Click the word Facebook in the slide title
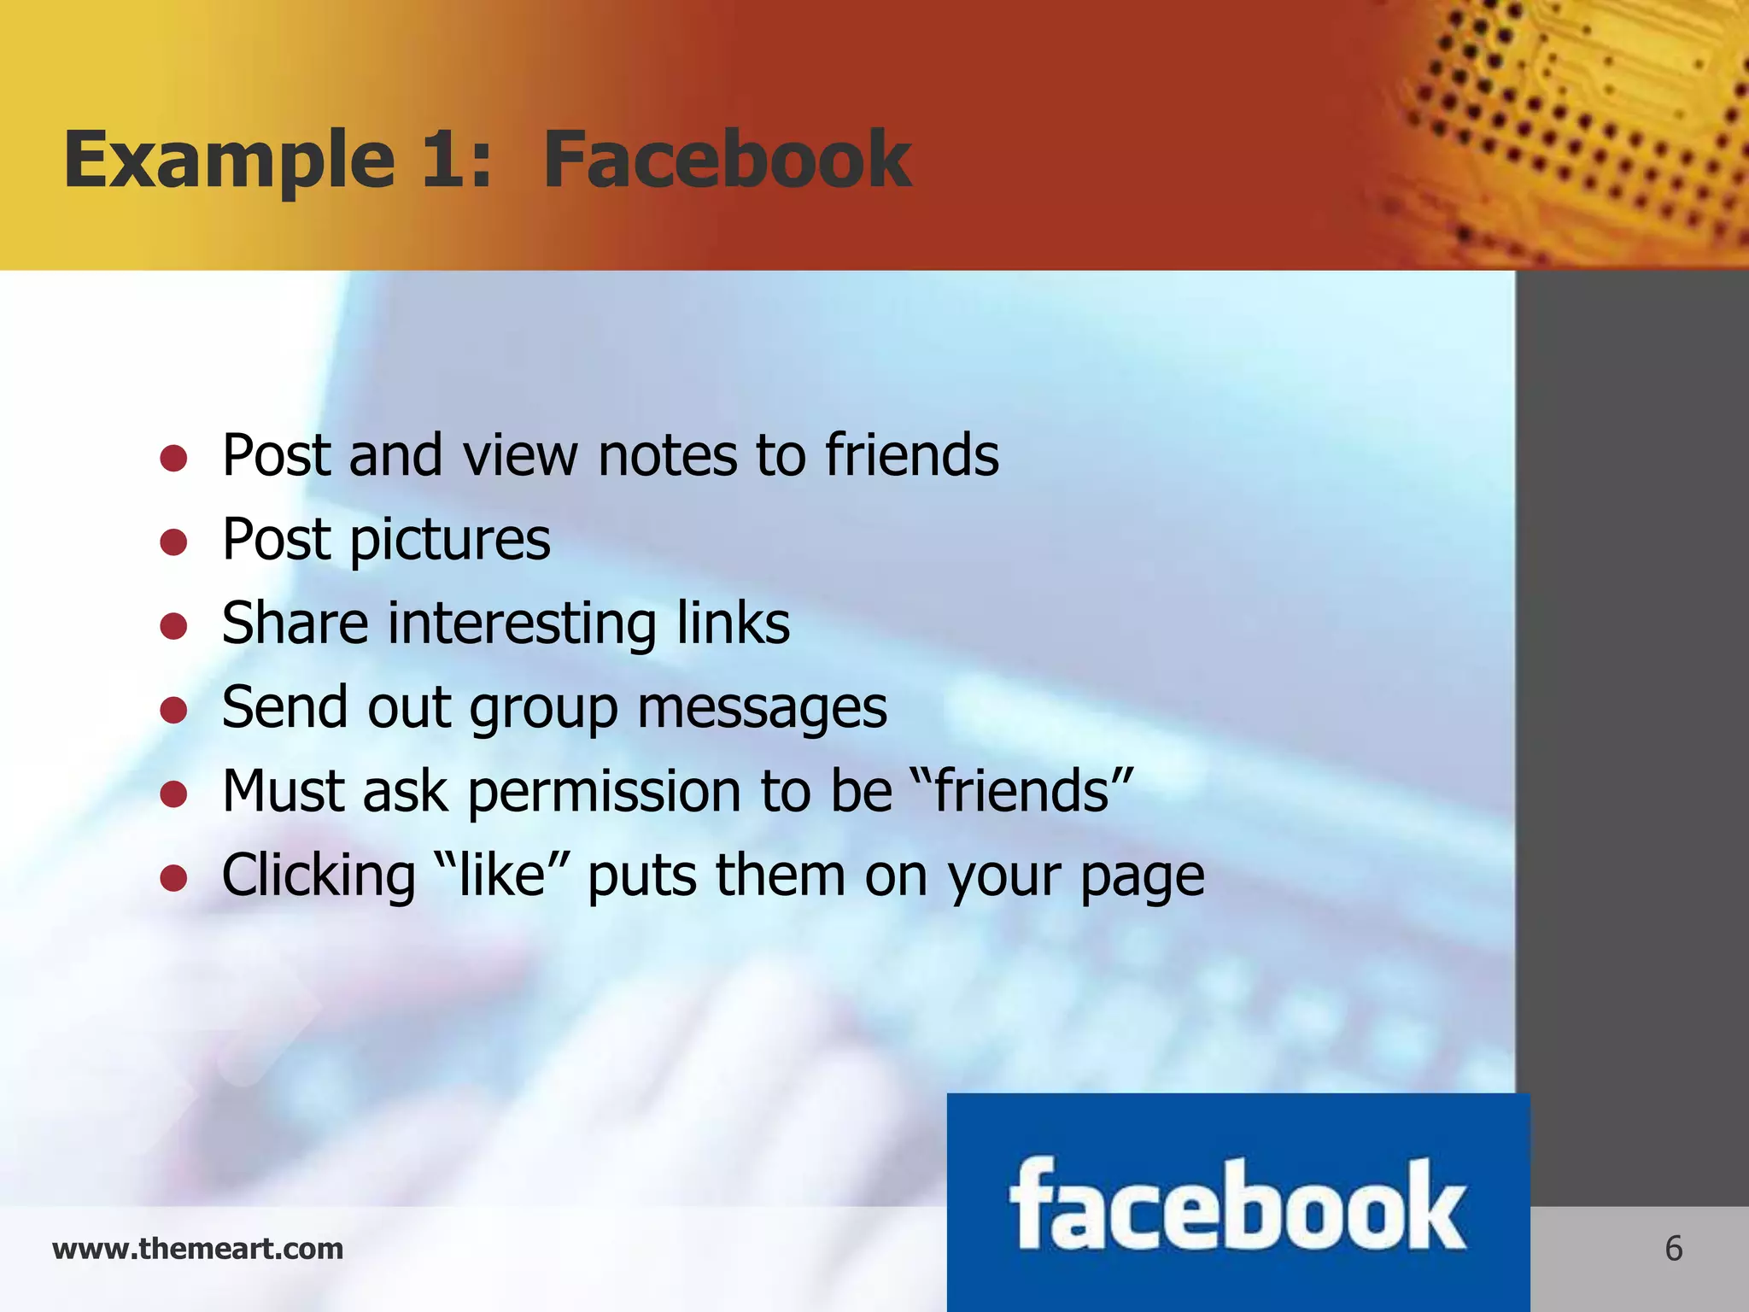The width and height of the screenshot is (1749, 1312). coord(727,160)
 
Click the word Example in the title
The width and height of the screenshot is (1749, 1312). coord(229,160)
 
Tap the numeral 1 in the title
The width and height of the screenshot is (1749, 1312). coord(444,160)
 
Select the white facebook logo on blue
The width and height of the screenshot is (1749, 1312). coord(1237,1205)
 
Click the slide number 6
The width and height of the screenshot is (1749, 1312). coord(1673,1249)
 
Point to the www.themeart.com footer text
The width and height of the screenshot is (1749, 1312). coord(197,1249)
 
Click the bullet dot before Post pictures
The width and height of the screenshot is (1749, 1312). coord(173,542)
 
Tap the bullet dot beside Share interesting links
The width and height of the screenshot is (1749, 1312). coord(173,626)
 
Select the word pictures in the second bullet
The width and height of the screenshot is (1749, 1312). coord(450,542)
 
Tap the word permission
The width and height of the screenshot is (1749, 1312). coord(605,792)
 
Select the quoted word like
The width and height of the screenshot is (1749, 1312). coord(502,876)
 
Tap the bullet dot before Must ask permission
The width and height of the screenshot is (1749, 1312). coord(173,794)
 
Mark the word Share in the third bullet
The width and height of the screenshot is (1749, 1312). coord(295,624)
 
